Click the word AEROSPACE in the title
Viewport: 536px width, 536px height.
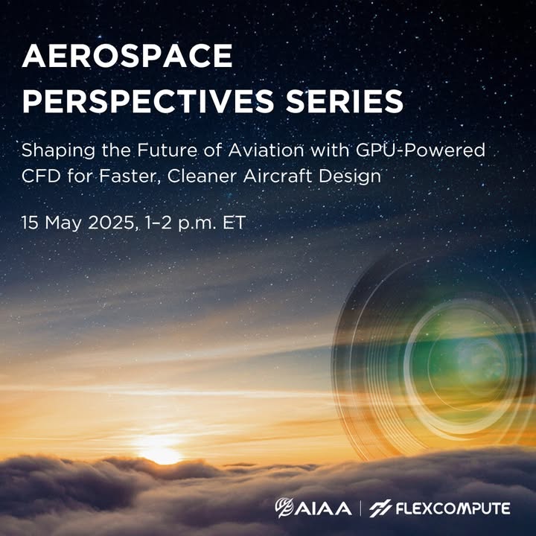coord(127,56)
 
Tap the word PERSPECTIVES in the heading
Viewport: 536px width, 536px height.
coord(147,100)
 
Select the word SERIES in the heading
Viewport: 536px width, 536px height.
coord(345,100)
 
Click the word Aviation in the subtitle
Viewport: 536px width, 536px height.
coord(266,150)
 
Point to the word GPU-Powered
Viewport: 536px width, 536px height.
coord(420,150)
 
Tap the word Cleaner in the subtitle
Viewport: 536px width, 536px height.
coord(202,176)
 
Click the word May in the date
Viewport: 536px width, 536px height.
coord(63,224)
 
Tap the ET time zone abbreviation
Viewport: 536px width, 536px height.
coord(234,223)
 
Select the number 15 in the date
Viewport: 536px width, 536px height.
coord(30,223)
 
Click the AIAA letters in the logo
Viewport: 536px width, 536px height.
coord(323,508)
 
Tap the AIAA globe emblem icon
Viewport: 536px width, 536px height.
coord(284,508)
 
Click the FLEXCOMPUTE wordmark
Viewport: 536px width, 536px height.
coord(453,508)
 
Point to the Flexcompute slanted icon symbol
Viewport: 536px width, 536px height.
coord(380,508)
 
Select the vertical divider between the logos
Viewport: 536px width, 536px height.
coord(360,508)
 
